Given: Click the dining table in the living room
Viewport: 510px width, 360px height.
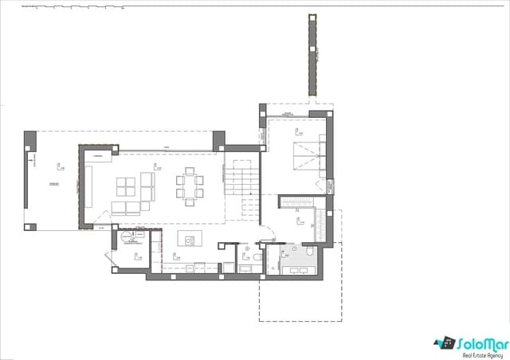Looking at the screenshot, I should (x=189, y=186).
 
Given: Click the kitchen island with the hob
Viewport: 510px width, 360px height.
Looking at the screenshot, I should (x=190, y=240).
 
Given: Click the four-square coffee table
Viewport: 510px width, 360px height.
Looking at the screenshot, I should (x=127, y=186).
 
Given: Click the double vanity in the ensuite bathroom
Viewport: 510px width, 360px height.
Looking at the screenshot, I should (x=297, y=268).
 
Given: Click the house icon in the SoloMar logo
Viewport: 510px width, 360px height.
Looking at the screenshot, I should (x=444, y=343).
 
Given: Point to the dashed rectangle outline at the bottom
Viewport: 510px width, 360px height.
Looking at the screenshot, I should (x=300, y=299).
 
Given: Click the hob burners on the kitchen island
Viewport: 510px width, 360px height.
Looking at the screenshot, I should (x=190, y=240).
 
